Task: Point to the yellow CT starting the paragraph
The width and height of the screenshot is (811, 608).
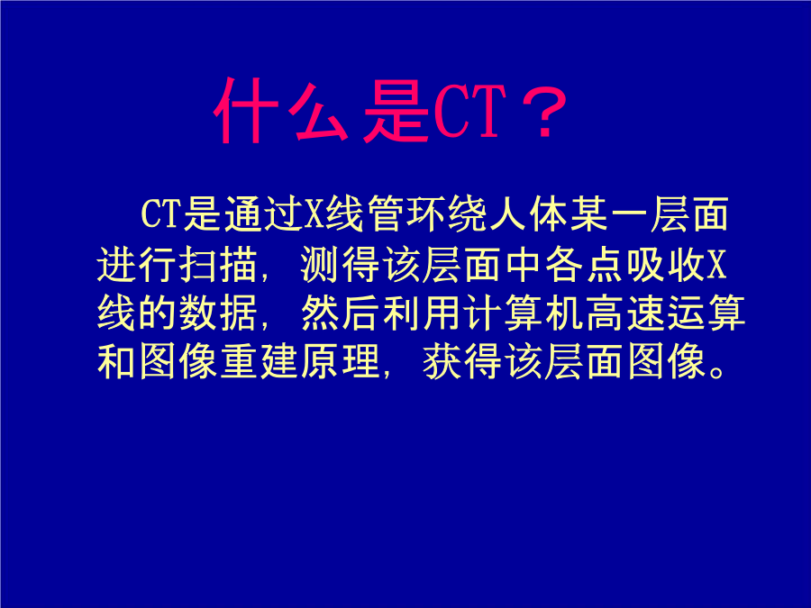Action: [159, 214]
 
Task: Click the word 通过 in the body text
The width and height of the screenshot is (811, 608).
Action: [264, 214]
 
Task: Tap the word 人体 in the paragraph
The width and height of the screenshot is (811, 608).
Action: [527, 214]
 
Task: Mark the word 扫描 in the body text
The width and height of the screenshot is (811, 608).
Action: [218, 265]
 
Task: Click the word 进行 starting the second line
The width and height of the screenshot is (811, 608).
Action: [137, 265]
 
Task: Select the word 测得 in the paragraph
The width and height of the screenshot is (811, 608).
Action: [341, 265]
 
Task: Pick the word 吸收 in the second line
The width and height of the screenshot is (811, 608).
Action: [666, 265]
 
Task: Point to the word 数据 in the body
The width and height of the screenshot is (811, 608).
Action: [218, 313]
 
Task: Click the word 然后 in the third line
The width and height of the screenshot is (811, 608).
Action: [341, 313]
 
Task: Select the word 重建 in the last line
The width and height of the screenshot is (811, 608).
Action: [260, 361]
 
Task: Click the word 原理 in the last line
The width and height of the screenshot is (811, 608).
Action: [341, 361]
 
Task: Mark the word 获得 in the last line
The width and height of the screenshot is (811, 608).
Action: [463, 361]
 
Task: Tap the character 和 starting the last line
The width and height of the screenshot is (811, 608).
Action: [116, 361]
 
